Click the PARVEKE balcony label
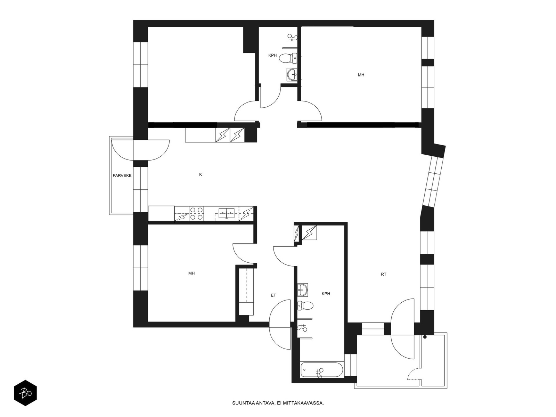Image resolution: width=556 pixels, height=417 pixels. click(x=122, y=175)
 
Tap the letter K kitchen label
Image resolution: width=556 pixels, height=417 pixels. click(x=201, y=174)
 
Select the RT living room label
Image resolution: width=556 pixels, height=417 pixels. click(x=384, y=274)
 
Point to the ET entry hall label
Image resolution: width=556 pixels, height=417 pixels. click(x=273, y=295)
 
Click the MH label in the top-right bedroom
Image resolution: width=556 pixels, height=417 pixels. click(x=361, y=75)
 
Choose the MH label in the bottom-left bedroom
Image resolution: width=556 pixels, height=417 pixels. click(x=191, y=273)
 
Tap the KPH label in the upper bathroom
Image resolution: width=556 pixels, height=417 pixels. click(x=272, y=55)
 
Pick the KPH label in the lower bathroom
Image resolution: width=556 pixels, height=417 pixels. click(x=326, y=294)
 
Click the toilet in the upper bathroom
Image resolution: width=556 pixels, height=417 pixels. click(x=288, y=58)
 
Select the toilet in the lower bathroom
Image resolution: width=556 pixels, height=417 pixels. click(x=305, y=305)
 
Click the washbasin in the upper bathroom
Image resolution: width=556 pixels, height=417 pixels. click(x=292, y=74)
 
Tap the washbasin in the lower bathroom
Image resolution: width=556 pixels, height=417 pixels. click(x=303, y=290)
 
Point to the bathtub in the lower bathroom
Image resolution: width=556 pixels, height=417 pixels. click(x=322, y=370)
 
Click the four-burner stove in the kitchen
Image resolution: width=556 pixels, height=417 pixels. click(x=197, y=213)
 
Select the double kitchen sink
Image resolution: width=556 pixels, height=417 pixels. click(x=226, y=213)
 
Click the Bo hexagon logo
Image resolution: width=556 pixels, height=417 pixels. click(x=25, y=393)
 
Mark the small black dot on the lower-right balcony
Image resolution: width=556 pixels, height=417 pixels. click(x=425, y=337)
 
